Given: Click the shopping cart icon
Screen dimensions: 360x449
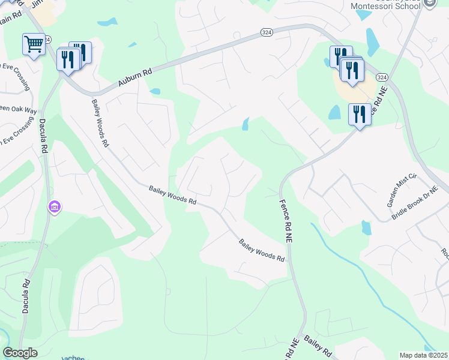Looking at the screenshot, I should (x=34, y=43).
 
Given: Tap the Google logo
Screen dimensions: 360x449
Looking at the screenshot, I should (x=20, y=353).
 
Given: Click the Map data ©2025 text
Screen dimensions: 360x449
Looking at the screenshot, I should (x=424, y=355).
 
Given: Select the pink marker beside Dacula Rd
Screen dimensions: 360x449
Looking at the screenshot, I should (x=55, y=207).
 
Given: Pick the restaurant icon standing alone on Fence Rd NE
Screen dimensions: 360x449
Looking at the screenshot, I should (x=360, y=113).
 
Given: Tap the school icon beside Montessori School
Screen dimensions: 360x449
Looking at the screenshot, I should (x=430, y=4).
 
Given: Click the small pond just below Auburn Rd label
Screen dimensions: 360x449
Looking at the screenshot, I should (x=155, y=92).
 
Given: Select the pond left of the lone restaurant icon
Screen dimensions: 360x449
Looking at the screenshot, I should (x=334, y=112).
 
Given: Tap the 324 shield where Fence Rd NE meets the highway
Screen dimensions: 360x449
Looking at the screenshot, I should (x=382, y=77).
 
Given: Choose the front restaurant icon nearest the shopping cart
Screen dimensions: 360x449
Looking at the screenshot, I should (x=67, y=59).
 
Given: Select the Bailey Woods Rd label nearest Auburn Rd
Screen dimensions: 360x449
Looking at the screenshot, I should (x=100, y=123).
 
